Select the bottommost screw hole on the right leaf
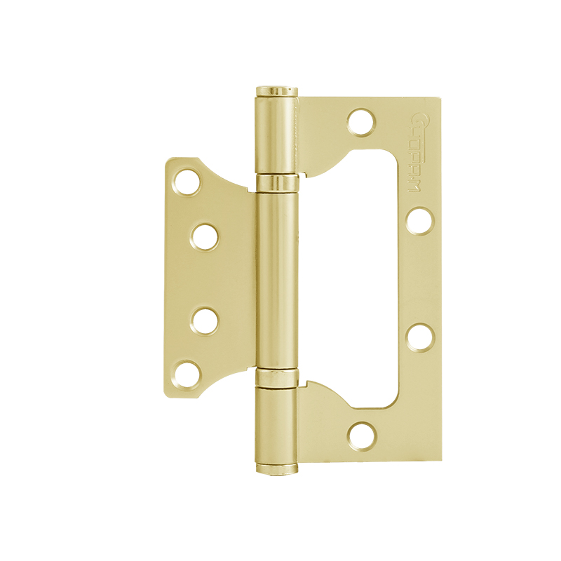[361, 435]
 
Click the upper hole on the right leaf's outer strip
[419, 220]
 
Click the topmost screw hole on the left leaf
[187, 182]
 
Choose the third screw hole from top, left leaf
[205, 320]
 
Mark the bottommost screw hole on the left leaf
[187, 374]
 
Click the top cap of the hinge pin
[276, 90]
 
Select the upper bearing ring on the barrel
[276, 184]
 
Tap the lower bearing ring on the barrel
[276, 379]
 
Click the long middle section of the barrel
[276, 280]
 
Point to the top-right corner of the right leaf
[441, 99]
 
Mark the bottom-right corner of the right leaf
[441, 459]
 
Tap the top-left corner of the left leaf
[170, 160]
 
